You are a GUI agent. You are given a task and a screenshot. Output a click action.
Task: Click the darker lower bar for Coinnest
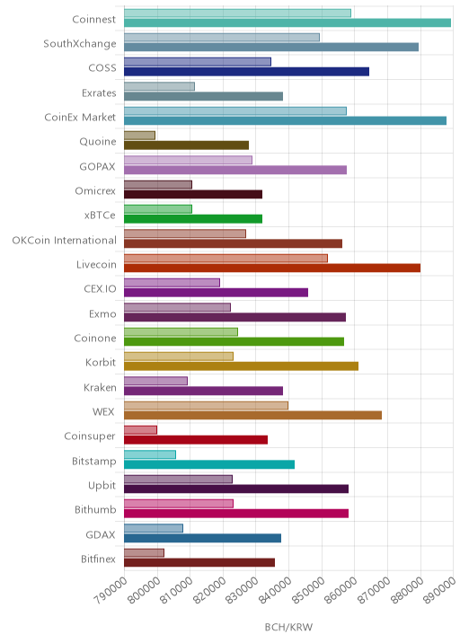coord(287,22)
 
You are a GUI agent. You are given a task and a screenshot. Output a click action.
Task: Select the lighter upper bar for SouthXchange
coord(222,38)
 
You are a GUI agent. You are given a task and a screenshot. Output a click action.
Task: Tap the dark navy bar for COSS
coord(246,72)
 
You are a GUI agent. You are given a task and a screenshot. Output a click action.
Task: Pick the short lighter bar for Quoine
coord(139,136)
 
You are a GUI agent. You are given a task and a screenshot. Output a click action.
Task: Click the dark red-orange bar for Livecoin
coord(272,269)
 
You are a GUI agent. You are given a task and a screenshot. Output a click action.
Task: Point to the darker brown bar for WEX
coord(252,416)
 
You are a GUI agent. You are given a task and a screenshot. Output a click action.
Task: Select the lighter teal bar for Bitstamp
coord(150,454)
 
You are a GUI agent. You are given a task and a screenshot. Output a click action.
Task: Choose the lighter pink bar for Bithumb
coord(179,504)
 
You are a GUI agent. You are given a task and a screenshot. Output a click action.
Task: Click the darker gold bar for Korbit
coord(242,366)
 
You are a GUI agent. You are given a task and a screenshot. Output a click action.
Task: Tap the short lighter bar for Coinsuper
coord(140,430)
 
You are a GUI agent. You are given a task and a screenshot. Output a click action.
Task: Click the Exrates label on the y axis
coord(99,93)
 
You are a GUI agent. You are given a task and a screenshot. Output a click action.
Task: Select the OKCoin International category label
coord(65,241)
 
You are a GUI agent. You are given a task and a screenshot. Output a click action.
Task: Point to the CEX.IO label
coord(100,289)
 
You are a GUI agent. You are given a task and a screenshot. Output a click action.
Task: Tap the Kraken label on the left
coord(100,388)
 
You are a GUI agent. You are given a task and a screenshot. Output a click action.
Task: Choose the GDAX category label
coord(101,534)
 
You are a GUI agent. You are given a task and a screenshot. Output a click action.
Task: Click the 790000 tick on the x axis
coord(110,590)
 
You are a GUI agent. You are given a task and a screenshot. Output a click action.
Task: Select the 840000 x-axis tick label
coord(275,590)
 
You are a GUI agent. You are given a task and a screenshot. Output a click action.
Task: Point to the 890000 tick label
coord(439,590)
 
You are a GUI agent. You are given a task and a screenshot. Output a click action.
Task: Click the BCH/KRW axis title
coord(288,627)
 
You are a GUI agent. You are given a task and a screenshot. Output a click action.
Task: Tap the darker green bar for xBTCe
coord(193,219)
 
